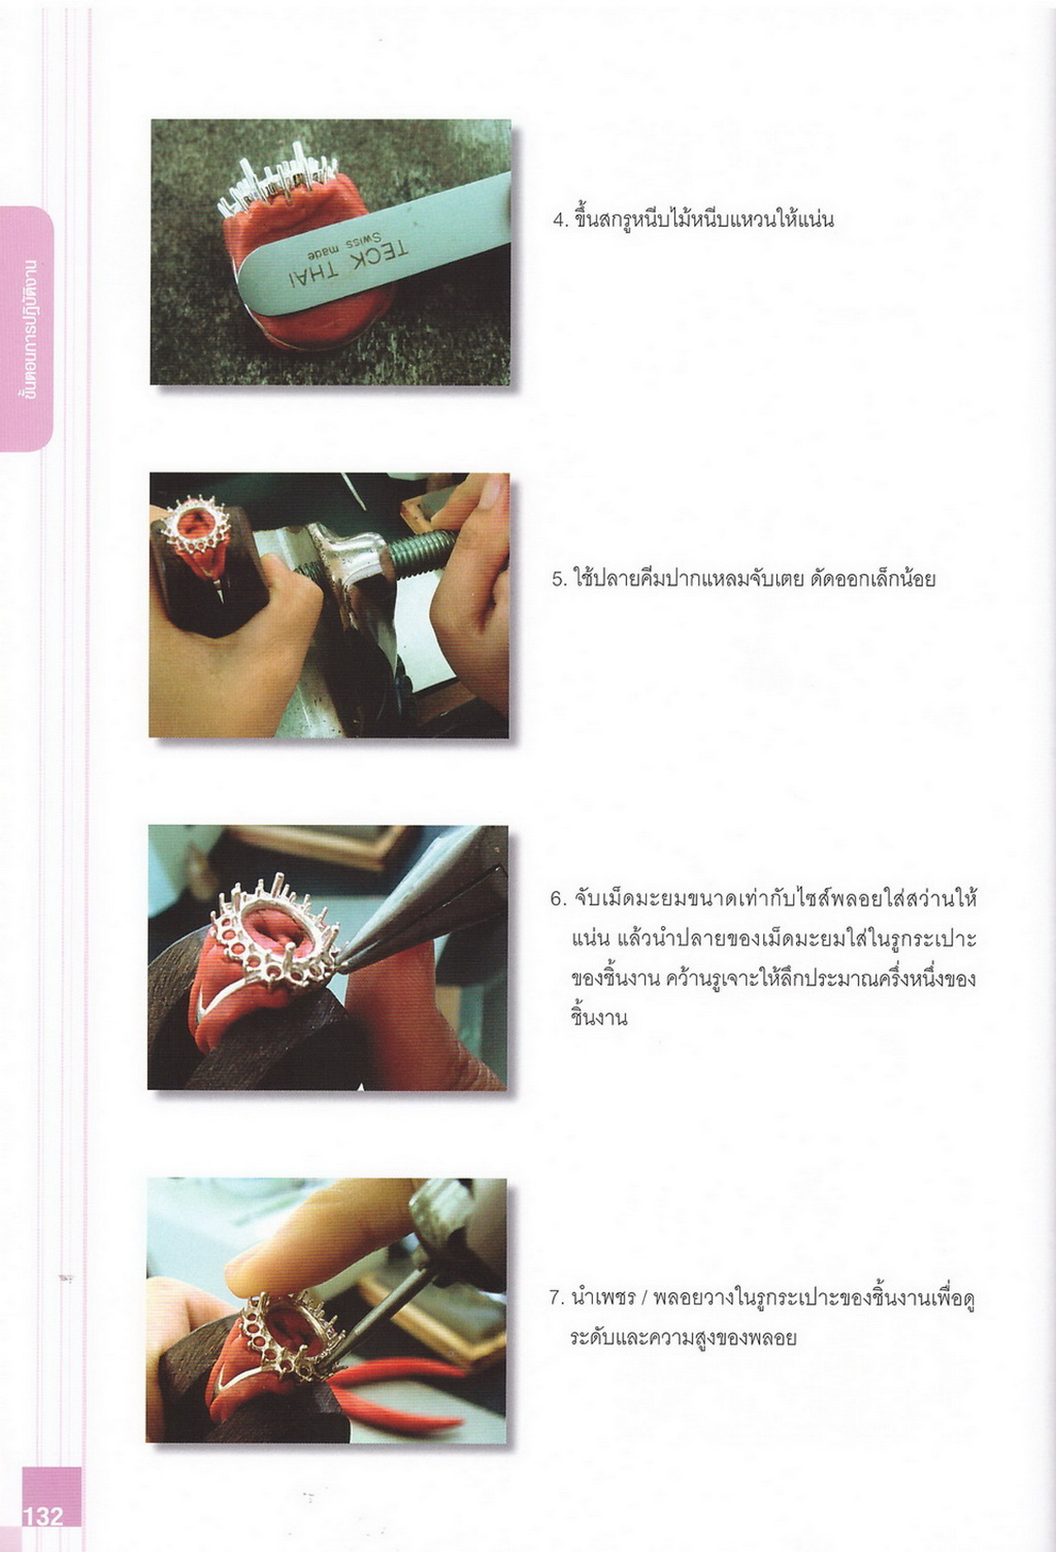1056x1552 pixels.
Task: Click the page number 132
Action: (x=43, y=1516)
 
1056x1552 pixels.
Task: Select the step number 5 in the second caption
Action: (x=557, y=579)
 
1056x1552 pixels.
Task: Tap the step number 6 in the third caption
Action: (x=557, y=899)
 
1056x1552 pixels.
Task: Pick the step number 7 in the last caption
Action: (x=556, y=1297)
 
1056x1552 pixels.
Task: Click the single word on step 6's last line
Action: (x=599, y=1017)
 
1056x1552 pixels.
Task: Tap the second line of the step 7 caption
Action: (x=683, y=1337)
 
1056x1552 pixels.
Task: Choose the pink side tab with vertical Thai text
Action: (x=26, y=328)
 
